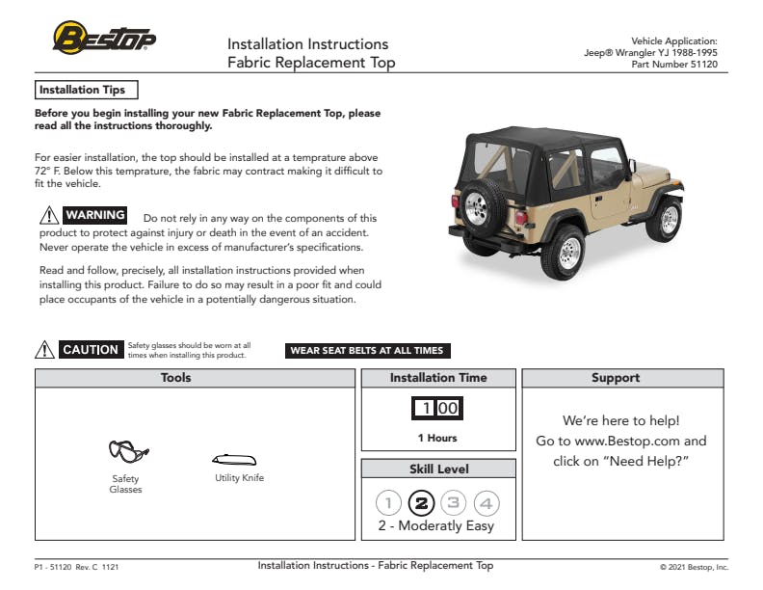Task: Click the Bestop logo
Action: point(104,39)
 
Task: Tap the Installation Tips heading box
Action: point(86,90)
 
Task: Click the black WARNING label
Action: point(94,215)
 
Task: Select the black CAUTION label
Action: point(91,350)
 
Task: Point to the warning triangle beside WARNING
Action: point(48,216)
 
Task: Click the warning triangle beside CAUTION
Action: point(44,350)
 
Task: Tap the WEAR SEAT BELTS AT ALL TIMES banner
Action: point(367,351)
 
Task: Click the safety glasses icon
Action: point(127,451)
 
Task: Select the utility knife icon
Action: point(234,460)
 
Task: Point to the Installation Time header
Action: point(438,378)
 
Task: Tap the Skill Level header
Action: point(438,469)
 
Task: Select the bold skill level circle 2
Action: point(421,502)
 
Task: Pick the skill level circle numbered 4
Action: point(487,502)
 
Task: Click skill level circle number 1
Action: point(388,502)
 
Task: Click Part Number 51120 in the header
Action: point(674,64)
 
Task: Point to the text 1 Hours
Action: point(437,438)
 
